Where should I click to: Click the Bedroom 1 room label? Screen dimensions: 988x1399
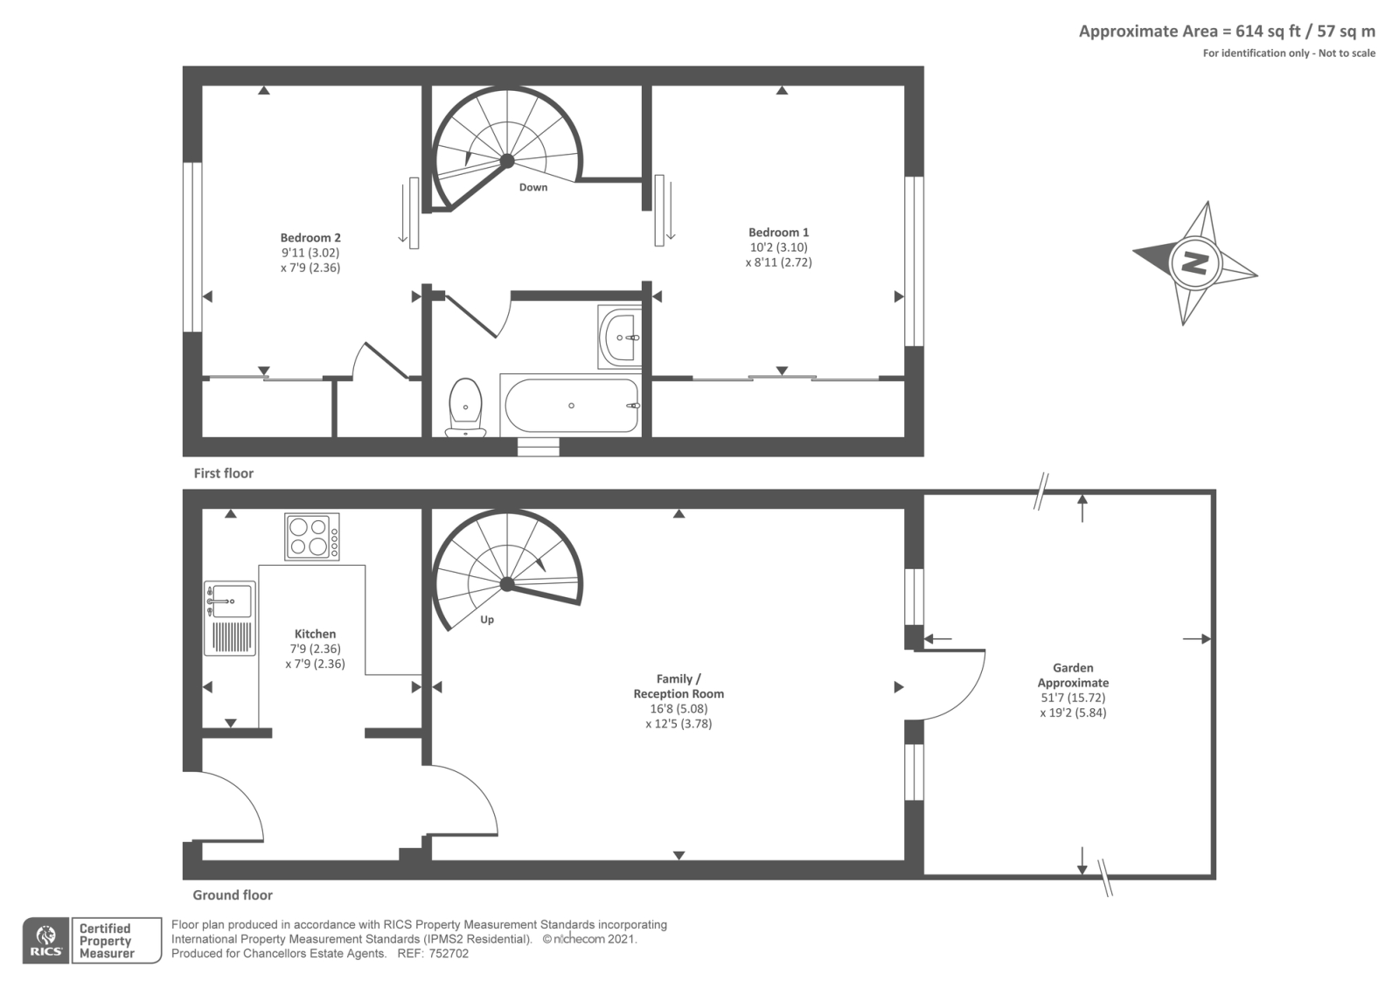click(778, 233)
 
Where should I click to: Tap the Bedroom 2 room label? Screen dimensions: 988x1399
click(310, 238)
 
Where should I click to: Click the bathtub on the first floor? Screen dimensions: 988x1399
click(570, 406)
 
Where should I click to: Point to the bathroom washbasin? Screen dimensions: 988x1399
click(620, 337)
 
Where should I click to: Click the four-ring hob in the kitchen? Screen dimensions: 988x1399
click(312, 536)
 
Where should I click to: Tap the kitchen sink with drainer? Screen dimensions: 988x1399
click(230, 618)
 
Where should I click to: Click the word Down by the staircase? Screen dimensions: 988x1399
click(533, 187)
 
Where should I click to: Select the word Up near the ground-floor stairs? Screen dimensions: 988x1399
click(487, 620)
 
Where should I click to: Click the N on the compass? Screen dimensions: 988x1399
click(1194, 261)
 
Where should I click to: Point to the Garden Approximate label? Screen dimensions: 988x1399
click(1073, 675)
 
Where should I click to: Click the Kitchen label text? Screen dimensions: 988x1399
click(315, 634)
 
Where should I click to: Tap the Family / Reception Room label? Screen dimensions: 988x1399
click(679, 686)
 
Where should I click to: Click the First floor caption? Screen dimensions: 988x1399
click(224, 473)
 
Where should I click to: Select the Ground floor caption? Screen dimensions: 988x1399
click(233, 894)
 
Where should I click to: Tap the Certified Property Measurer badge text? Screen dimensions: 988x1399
click(106, 941)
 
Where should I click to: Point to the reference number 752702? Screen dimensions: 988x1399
click(448, 954)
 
